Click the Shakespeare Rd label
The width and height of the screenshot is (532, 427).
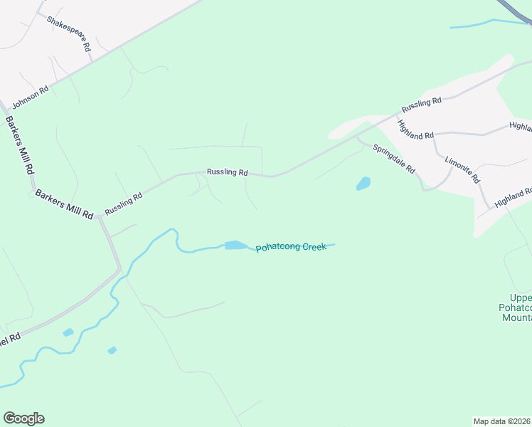[x=69, y=33]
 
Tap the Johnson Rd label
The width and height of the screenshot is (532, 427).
[x=30, y=98]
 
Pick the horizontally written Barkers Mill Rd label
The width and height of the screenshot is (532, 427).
[x=64, y=204]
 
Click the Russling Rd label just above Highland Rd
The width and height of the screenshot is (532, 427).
[x=422, y=105]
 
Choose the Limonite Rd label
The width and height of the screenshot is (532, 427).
[x=463, y=169]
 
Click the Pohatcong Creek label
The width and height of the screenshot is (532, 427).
[x=291, y=247]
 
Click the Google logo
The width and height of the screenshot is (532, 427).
[x=23, y=418]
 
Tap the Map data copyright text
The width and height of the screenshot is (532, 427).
[x=502, y=421]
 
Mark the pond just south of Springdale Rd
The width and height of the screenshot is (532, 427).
[x=363, y=184]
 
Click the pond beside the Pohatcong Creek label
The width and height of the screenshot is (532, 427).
[x=235, y=246]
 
